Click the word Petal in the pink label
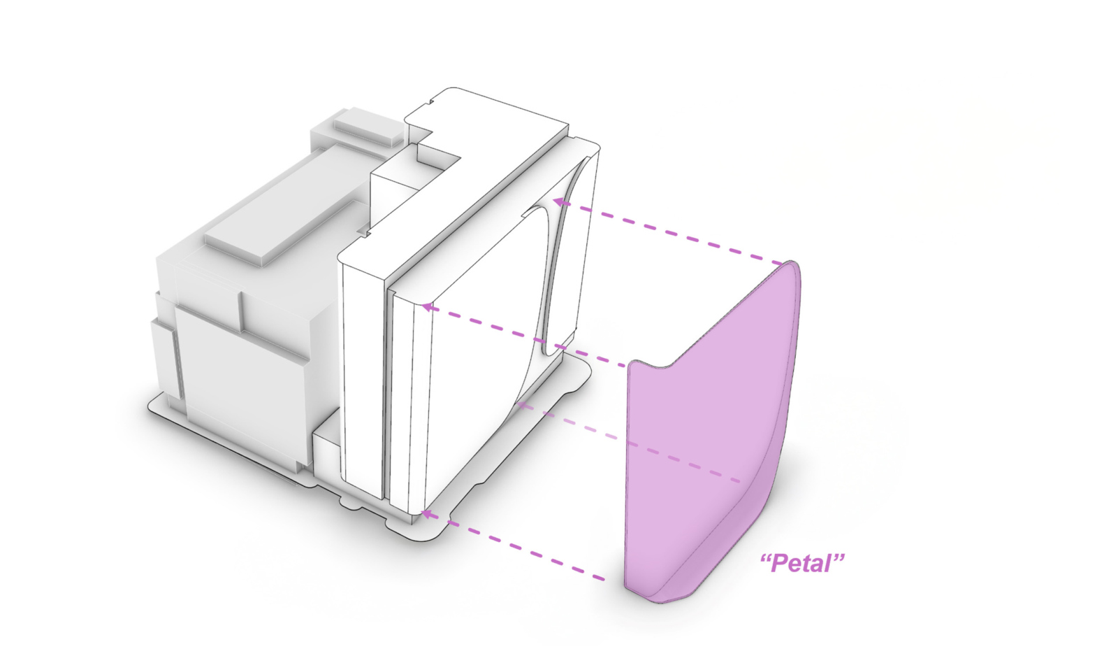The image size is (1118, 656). pos(803,564)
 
